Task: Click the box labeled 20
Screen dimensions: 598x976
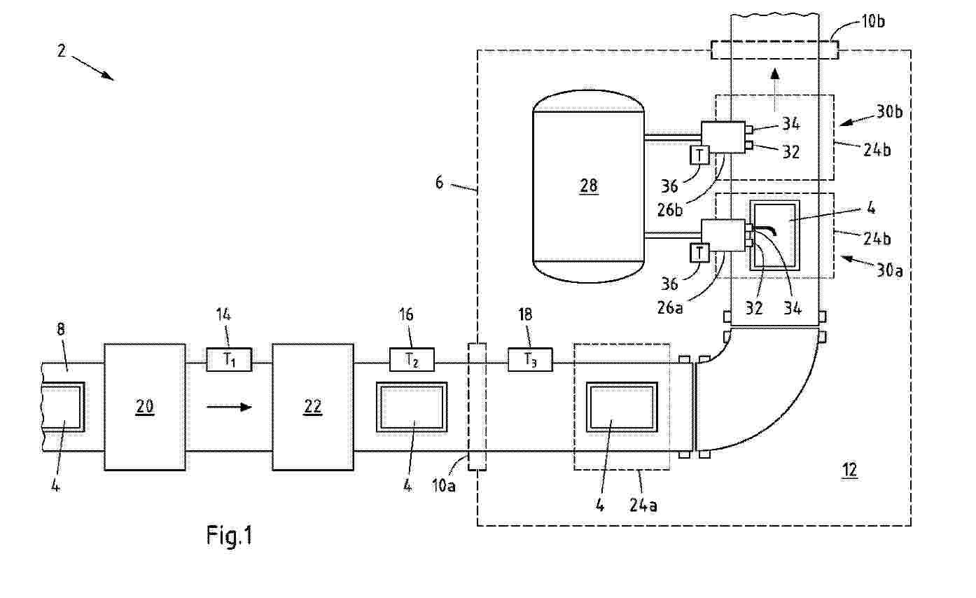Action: tap(145, 406)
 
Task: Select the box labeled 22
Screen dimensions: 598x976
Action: tap(312, 406)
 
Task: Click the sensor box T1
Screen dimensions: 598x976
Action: tap(229, 360)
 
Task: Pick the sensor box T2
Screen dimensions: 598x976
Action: tap(412, 360)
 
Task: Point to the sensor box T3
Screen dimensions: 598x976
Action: tap(530, 360)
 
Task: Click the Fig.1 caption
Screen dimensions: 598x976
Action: tap(229, 536)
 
